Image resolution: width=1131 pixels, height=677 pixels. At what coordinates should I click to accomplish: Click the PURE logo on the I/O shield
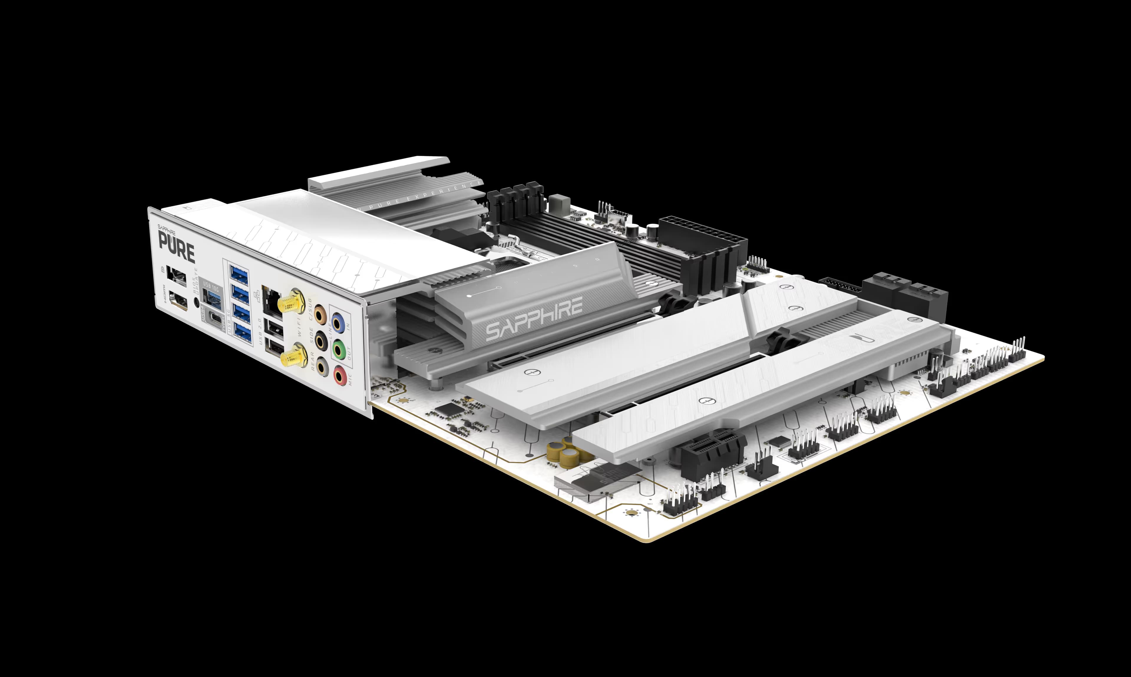(x=176, y=250)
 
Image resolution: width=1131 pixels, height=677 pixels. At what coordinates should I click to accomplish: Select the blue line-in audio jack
(x=338, y=323)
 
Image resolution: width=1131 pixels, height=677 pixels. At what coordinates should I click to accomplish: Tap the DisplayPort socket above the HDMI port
(x=176, y=275)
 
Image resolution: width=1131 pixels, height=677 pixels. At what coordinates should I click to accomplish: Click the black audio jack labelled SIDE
(x=321, y=340)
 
